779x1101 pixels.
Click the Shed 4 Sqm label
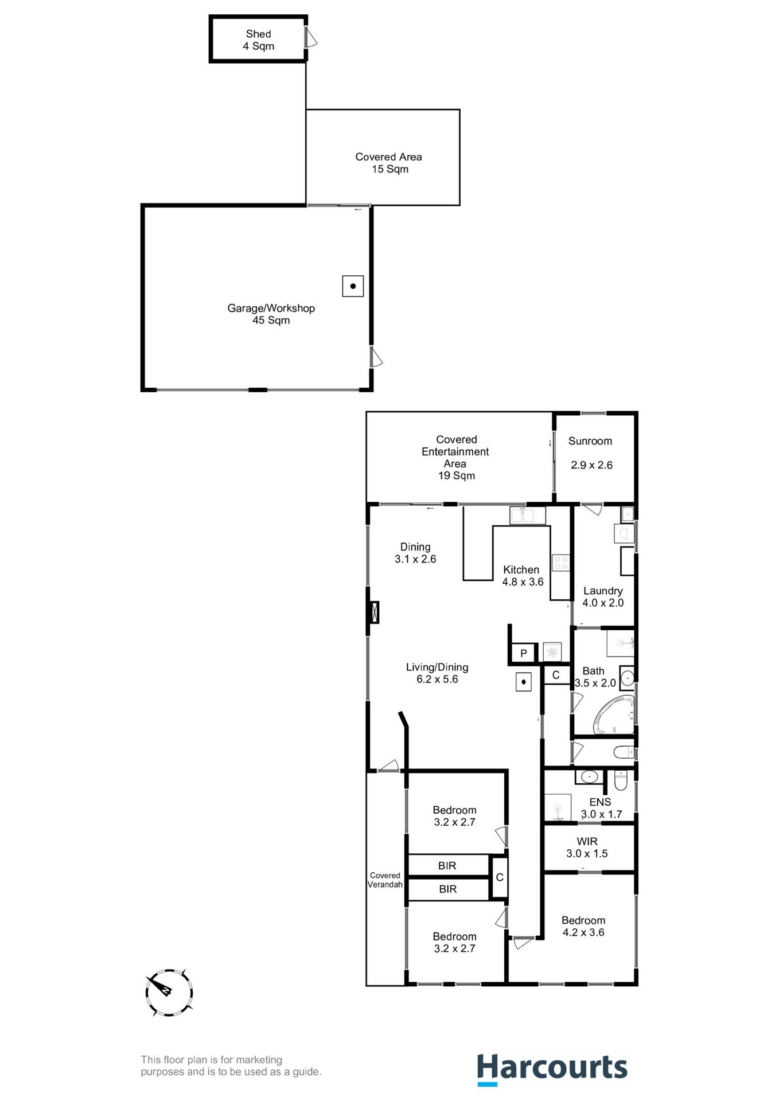(258, 40)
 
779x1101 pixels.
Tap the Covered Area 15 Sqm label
(388, 163)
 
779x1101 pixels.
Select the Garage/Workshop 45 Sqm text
(271, 314)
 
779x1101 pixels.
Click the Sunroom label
(590, 441)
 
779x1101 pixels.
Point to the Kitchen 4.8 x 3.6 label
(522, 576)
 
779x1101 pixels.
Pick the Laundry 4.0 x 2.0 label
(602, 597)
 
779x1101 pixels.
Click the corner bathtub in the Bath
(614, 715)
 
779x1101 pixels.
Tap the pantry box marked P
(523, 653)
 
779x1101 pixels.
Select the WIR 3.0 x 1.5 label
(587, 848)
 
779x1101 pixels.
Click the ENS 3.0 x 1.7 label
(601, 808)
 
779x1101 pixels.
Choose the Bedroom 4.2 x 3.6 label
(583, 926)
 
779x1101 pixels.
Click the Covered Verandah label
(385, 880)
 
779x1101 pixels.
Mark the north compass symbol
(169, 993)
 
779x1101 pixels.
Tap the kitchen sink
(527, 516)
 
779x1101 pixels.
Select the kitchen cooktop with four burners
(560, 563)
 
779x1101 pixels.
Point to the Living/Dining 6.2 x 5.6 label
(437, 673)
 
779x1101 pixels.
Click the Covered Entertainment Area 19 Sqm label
(456, 457)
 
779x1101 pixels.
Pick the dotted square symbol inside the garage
(352, 286)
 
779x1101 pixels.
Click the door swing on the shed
(311, 39)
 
